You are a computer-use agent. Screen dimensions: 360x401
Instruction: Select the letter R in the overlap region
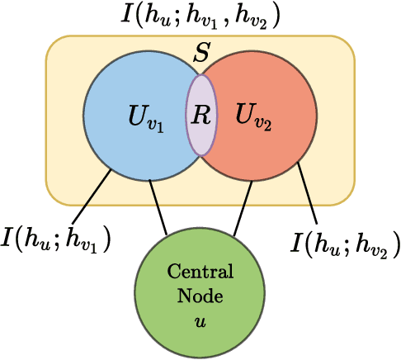point(201,114)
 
